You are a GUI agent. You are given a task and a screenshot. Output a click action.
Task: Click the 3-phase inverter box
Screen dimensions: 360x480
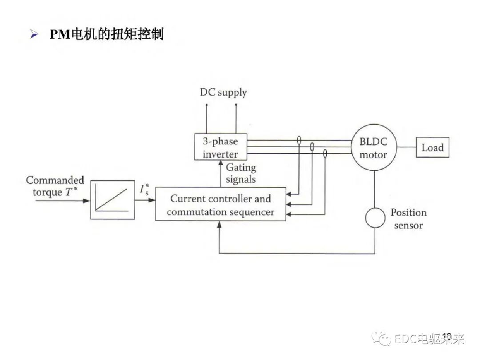(220, 148)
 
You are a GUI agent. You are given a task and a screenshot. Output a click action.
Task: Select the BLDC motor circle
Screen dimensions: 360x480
(373, 148)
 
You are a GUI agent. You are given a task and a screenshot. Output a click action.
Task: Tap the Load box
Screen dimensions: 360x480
(432, 148)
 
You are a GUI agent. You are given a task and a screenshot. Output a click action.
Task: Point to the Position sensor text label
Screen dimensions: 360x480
(408, 219)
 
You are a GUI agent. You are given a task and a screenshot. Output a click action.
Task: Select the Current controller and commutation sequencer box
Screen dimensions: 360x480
(220, 205)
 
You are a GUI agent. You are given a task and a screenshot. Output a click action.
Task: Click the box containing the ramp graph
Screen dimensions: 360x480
(112, 200)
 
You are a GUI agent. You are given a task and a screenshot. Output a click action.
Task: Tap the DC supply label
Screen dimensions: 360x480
(223, 92)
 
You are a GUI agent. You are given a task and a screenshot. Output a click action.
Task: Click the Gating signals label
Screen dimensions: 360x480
(241, 173)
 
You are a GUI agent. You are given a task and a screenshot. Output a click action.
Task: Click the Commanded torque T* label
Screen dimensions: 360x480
(55, 186)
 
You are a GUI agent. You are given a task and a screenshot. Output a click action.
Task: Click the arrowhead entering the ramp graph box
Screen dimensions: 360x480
(87, 200)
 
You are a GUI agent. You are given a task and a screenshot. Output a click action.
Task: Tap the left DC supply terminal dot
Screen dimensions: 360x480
(206, 105)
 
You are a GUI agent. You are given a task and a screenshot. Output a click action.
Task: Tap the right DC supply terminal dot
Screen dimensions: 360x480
(236, 105)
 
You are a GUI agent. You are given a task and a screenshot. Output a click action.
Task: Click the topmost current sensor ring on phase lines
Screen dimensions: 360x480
(299, 141)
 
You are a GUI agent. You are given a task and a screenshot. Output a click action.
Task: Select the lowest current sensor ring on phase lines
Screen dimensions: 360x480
(325, 154)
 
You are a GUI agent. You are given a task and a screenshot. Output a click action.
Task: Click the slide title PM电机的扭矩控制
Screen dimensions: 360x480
(107, 34)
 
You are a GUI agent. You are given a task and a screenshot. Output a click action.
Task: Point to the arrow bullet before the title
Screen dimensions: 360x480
(34, 35)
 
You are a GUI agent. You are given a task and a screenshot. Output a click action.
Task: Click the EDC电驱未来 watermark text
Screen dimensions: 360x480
(428, 340)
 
